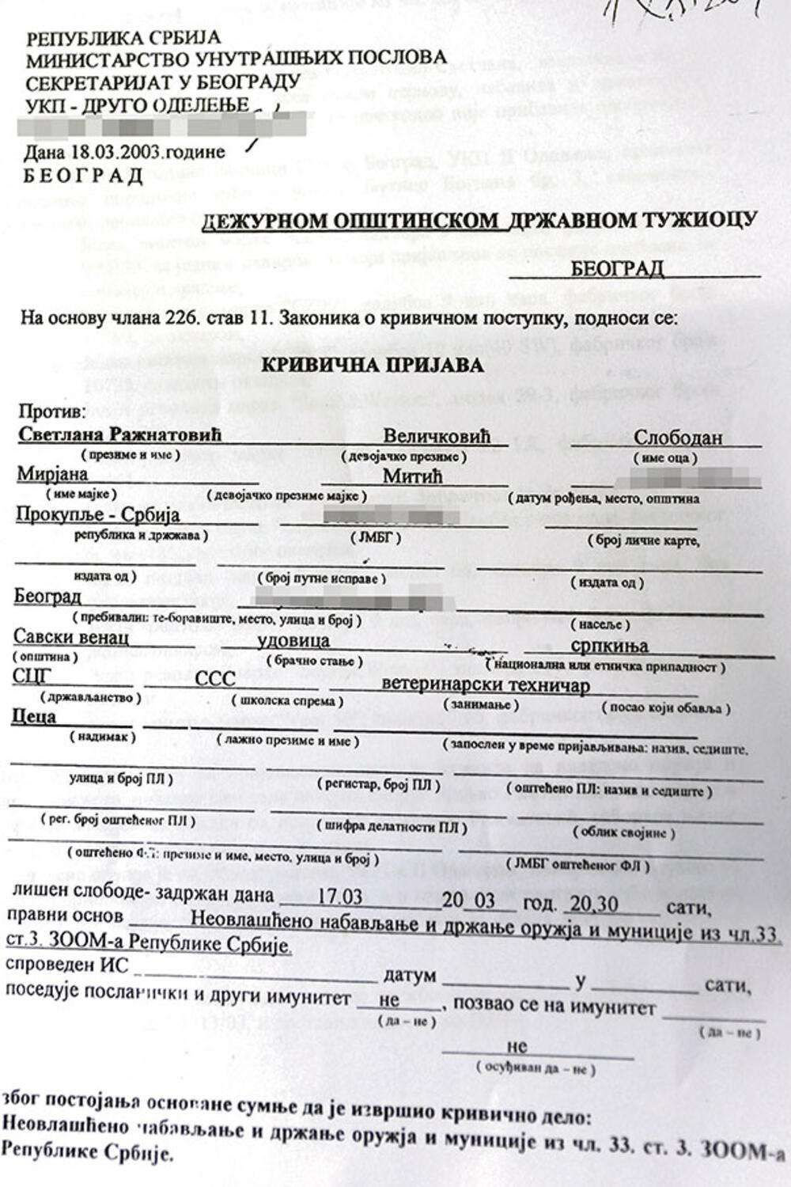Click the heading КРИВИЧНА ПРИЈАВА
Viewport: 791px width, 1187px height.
pyautogui.click(x=373, y=365)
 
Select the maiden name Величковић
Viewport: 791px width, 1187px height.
pyautogui.click(x=437, y=437)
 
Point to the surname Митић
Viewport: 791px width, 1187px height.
pyautogui.click(x=412, y=476)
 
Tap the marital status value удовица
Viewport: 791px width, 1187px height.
pyautogui.click(x=293, y=641)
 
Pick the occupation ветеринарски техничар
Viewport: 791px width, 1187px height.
pyautogui.click(x=486, y=685)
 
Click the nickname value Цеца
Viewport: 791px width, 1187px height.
pyautogui.click(x=36, y=717)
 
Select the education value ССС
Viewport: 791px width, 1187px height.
pyautogui.click(x=215, y=680)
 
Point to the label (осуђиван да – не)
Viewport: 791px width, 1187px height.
pyautogui.click(x=536, y=1068)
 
